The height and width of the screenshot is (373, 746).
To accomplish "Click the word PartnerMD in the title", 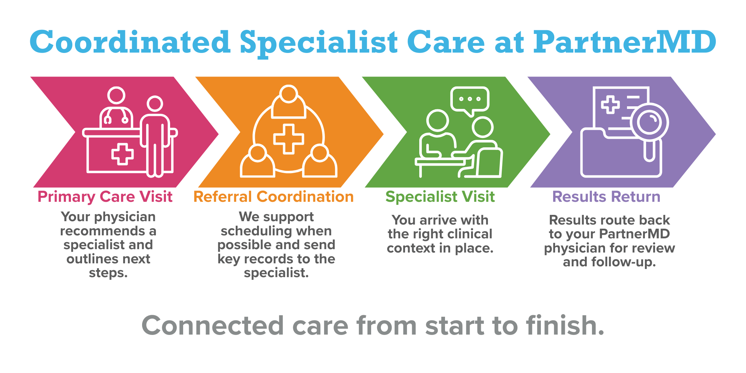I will pyautogui.click(x=624, y=43).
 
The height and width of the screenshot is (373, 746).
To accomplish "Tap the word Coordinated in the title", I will pyautogui.click(x=130, y=43).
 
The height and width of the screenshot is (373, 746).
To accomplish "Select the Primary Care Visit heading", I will pyautogui.click(x=105, y=197).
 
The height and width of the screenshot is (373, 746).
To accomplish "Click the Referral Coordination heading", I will pyautogui.click(x=273, y=197).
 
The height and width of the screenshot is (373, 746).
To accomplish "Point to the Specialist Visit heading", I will pyautogui.click(x=440, y=197).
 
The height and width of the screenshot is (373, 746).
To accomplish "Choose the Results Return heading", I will pyautogui.click(x=606, y=197).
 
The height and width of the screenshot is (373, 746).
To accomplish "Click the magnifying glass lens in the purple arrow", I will pyautogui.click(x=650, y=122).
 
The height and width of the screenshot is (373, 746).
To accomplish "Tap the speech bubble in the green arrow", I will pyautogui.click(x=470, y=99).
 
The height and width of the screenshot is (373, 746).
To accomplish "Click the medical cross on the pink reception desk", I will pyautogui.click(x=122, y=154).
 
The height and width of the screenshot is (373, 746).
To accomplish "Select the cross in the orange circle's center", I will pyautogui.click(x=288, y=139).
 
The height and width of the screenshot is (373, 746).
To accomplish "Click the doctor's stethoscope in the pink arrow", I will pyautogui.click(x=116, y=118).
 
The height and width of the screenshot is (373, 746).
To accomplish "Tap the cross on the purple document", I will pyautogui.click(x=610, y=105).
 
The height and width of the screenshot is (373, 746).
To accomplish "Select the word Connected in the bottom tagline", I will pyautogui.click(x=213, y=326).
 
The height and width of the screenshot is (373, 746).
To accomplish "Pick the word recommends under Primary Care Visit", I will pyautogui.click(x=103, y=231).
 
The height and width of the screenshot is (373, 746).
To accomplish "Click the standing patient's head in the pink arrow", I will pyautogui.click(x=154, y=104).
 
